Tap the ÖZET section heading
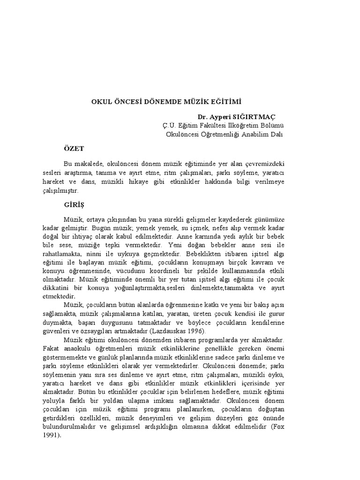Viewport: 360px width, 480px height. tap(74, 149)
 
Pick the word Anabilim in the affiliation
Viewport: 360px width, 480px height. tap(254, 134)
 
